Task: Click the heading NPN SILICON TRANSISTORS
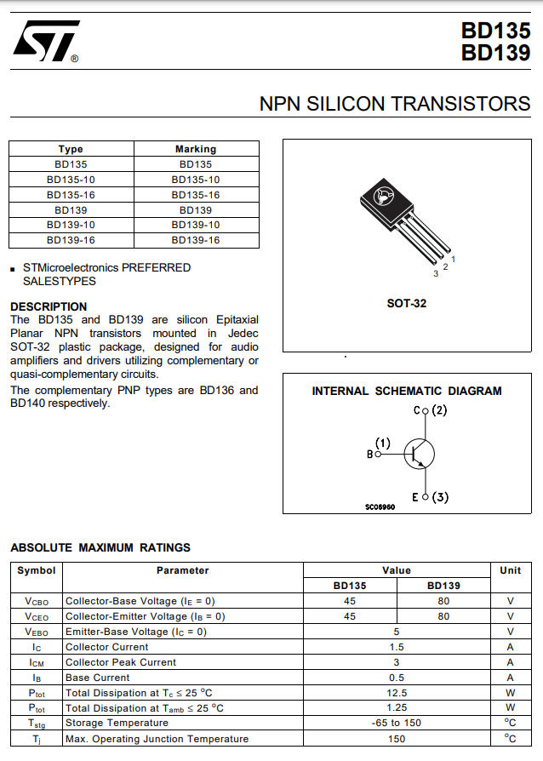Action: click(394, 104)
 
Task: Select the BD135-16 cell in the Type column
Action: click(71, 195)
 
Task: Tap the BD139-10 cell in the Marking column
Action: click(196, 226)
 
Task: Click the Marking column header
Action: click(196, 149)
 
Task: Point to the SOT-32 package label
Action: click(406, 303)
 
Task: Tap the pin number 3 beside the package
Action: click(436, 273)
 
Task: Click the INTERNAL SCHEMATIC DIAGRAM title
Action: click(406, 392)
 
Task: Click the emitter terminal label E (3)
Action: click(430, 497)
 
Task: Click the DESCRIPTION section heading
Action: click(49, 306)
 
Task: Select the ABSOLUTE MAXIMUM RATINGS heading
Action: click(100, 547)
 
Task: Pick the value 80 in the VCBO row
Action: click(443, 601)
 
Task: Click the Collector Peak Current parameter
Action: click(121, 662)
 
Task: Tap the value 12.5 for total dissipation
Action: click(397, 693)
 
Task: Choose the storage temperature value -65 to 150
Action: click(397, 724)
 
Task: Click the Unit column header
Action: click(510, 570)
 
